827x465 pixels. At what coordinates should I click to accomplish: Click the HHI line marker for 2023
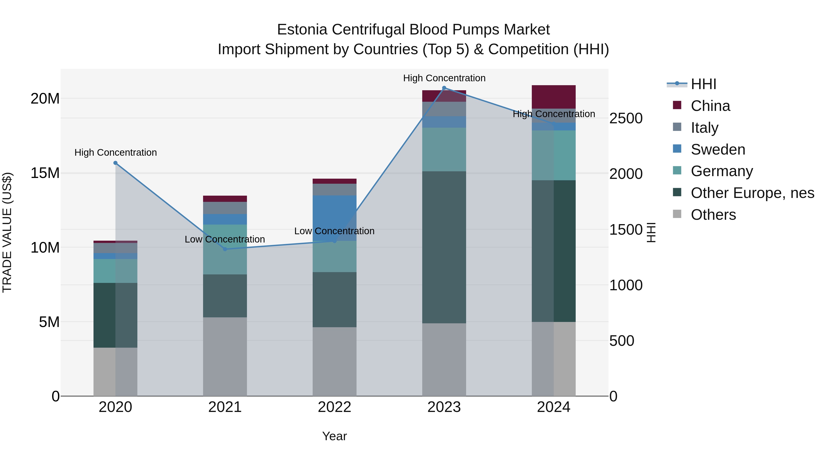point(444,88)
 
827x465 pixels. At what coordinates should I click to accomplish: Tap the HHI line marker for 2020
point(116,163)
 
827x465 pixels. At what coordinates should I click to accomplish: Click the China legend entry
point(710,106)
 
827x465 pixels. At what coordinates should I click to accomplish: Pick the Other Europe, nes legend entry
point(752,193)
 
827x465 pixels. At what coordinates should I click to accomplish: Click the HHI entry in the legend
point(703,84)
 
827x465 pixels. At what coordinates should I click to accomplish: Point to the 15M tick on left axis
point(45,173)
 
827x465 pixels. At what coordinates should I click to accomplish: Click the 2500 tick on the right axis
point(626,118)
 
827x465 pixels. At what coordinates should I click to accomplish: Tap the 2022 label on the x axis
point(334,407)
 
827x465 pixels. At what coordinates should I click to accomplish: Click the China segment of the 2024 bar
point(553,97)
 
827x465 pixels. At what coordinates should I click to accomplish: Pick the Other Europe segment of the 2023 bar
point(444,247)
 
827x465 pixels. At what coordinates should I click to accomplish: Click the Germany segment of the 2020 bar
point(116,271)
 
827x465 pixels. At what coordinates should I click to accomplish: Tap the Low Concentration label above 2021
point(225,240)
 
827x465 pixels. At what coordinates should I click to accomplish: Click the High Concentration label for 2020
point(116,152)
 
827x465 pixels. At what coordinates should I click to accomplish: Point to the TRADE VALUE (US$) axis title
point(7,232)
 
